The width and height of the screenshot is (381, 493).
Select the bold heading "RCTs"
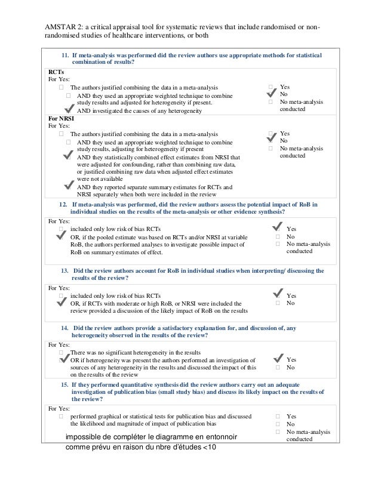[55, 71]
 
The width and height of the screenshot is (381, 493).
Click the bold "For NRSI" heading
[61, 118]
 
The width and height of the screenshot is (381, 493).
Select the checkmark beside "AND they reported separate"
[69, 186]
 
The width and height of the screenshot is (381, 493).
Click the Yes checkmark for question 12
[278, 227]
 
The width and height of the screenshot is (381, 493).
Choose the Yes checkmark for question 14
[278, 358]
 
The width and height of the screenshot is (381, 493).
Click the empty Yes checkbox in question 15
[278, 416]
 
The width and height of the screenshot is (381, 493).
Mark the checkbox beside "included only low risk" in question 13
[62, 295]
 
